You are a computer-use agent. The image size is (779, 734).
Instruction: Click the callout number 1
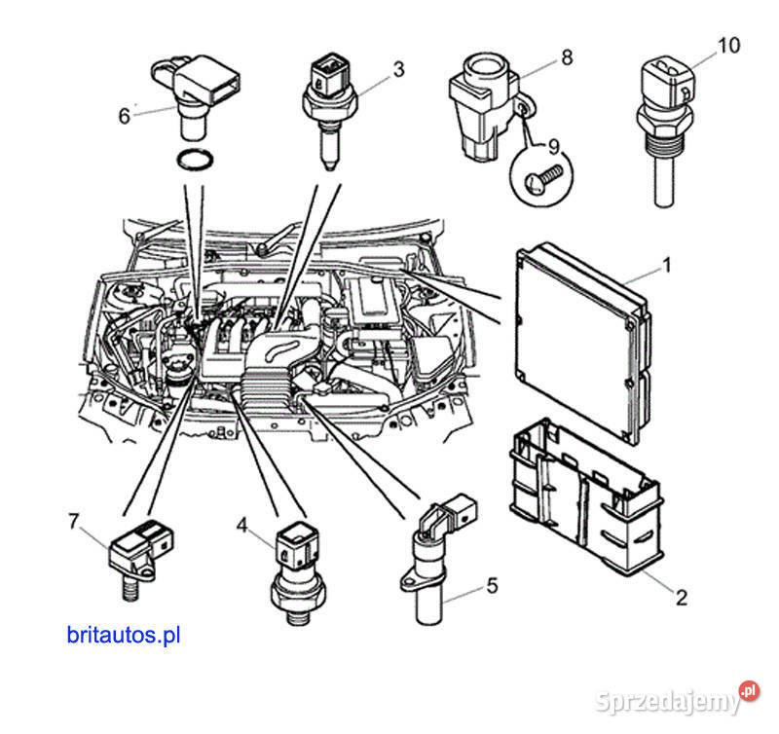[x=667, y=264]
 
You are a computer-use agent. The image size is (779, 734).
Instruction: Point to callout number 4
[x=242, y=525]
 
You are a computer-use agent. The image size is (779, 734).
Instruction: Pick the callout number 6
[x=124, y=116]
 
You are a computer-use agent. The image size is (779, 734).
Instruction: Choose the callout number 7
[x=73, y=522]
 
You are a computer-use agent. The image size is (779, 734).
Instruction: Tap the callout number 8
[x=566, y=57]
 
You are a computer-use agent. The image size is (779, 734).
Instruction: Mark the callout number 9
[x=554, y=147]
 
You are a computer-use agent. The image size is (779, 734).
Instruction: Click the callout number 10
[x=728, y=45]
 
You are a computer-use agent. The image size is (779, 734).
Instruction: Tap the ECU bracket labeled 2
[x=584, y=496]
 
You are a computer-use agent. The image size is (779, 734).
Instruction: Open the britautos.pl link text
[x=125, y=636]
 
